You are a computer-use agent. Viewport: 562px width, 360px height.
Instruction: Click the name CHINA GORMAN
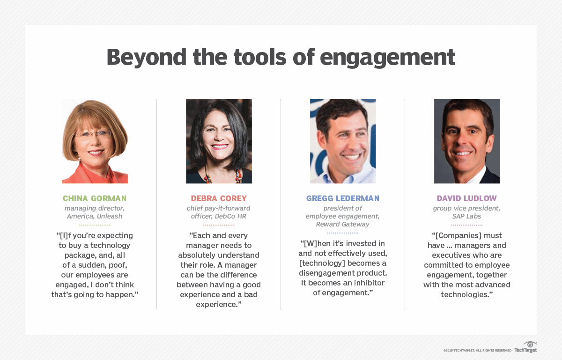(x=95, y=198)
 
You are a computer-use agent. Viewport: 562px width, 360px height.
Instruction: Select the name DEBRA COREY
(x=219, y=198)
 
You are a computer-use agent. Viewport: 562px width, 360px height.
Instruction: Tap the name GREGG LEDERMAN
(x=343, y=198)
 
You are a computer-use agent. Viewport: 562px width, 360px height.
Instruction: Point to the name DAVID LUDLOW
(x=467, y=198)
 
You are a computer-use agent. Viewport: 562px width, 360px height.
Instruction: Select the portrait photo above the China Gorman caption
(x=95, y=141)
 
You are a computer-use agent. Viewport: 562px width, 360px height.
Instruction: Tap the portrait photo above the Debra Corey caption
(x=219, y=141)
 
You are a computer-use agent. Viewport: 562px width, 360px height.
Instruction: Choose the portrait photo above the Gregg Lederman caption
(x=343, y=141)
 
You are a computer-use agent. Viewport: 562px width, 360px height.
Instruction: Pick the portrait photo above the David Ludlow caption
(x=467, y=141)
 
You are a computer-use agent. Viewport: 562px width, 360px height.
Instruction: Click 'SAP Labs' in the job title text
(x=467, y=216)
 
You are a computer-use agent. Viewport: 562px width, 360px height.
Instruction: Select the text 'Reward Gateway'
(x=343, y=224)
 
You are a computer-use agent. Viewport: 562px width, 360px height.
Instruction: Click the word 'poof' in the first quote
(x=118, y=265)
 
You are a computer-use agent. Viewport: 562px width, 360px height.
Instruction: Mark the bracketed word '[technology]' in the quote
(x=323, y=263)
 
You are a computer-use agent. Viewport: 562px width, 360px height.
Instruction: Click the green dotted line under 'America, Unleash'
(x=95, y=225)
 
